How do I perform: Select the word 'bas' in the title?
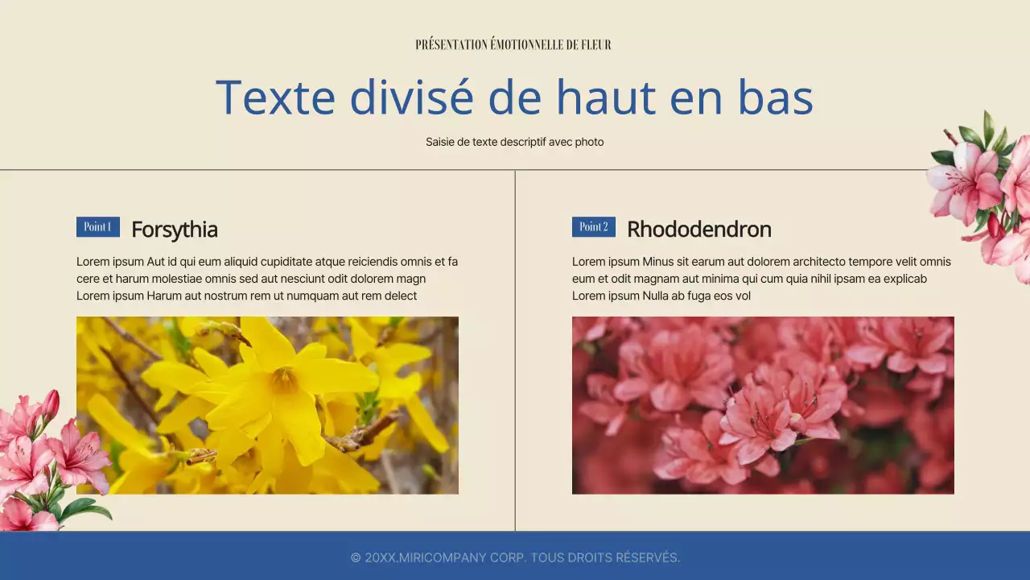click(x=775, y=97)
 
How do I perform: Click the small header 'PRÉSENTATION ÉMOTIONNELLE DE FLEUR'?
click(x=513, y=45)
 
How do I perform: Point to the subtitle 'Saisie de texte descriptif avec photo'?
click(x=514, y=142)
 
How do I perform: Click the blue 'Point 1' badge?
click(x=98, y=227)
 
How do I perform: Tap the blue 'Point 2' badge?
click(x=594, y=227)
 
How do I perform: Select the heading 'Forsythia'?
click(x=175, y=230)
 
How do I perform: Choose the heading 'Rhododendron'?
click(x=698, y=230)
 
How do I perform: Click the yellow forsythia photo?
click(x=267, y=405)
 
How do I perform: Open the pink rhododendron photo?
click(x=763, y=405)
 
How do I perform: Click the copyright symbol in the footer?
click(x=356, y=557)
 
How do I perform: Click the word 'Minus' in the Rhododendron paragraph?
click(x=659, y=262)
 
